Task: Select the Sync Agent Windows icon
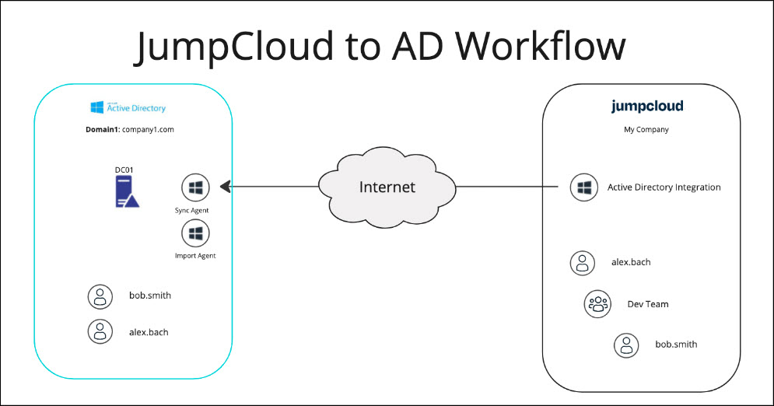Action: click(x=195, y=187)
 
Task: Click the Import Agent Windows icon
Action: click(x=195, y=233)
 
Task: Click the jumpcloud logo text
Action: click(x=647, y=107)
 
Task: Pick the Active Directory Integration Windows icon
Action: click(x=584, y=187)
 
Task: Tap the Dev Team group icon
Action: click(x=597, y=304)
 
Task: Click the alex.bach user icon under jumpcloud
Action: click(x=583, y=262)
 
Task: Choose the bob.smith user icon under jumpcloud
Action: click(x=627, y=344)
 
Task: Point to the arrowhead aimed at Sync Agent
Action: click(x=226, y=187)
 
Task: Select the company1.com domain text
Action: click(x=147, y=130)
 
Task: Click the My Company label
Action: click(x=646, y=130)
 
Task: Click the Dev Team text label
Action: click(x=648, y=304)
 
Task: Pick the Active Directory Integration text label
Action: click(x=664, y=187)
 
